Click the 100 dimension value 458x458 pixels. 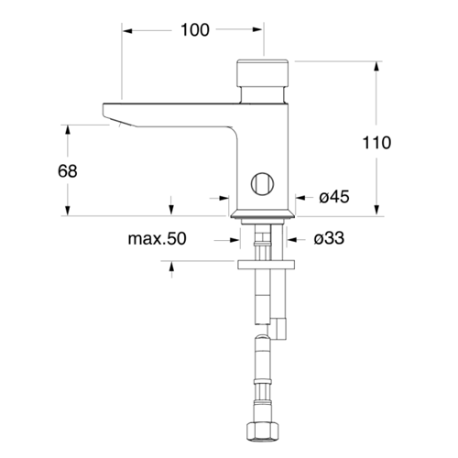coord(195,30)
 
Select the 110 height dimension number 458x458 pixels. coord(376,143)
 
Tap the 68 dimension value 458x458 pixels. coord(68,171)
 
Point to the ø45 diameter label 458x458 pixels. coord(334,197)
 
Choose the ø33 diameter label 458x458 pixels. coord(329,238)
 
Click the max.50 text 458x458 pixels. coord(157,238)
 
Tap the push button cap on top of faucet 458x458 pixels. coord(263,73)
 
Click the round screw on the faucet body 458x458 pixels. coord(262,183)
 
